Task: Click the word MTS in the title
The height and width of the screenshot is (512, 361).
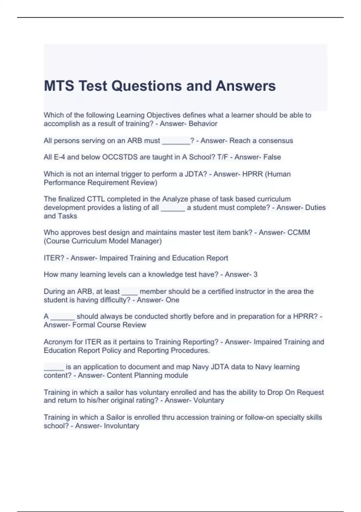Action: point(59,86)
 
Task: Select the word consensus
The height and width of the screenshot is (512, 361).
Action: point(276,141)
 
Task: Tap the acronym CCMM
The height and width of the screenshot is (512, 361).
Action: point(299,233)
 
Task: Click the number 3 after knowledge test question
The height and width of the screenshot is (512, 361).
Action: point(255,274)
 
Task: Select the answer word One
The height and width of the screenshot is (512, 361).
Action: point(172,300)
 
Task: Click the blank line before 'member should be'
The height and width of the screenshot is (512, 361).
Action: point(130,292)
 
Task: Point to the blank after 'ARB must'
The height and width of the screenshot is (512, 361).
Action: point(176,141)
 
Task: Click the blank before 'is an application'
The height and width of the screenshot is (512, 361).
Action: point(54,367)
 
